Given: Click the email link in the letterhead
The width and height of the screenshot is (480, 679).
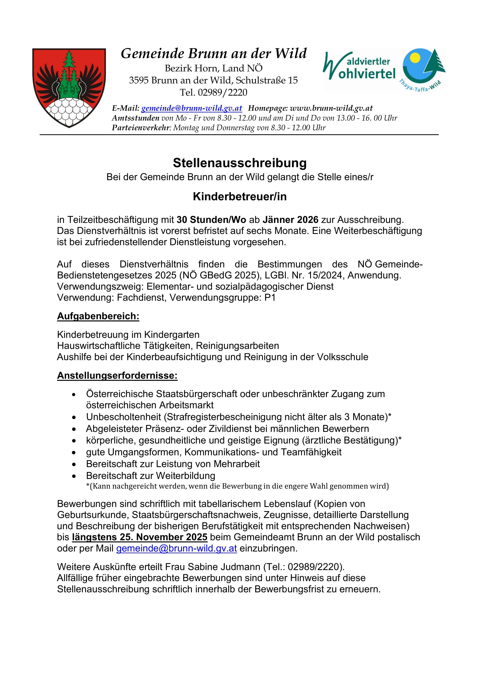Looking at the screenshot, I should pyautogui.click(x=192, y=108).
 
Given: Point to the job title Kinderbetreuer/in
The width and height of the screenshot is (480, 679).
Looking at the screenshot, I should pyautogui.click(x=240, y=197).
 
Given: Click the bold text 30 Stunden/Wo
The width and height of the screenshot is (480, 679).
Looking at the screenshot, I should pyautogui.click(x=211, y=220).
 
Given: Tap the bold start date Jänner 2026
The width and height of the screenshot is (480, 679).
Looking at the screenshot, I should pyautogui.click(x=291, y=220).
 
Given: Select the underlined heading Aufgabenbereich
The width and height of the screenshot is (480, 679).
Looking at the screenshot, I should pyautogui.click(x=98, y=316).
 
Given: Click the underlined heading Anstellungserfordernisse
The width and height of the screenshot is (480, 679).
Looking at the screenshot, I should pyautogui.click(x=117, y=376).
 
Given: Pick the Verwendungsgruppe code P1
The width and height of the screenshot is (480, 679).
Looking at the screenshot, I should pyautogui.click(x=270, y=297).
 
